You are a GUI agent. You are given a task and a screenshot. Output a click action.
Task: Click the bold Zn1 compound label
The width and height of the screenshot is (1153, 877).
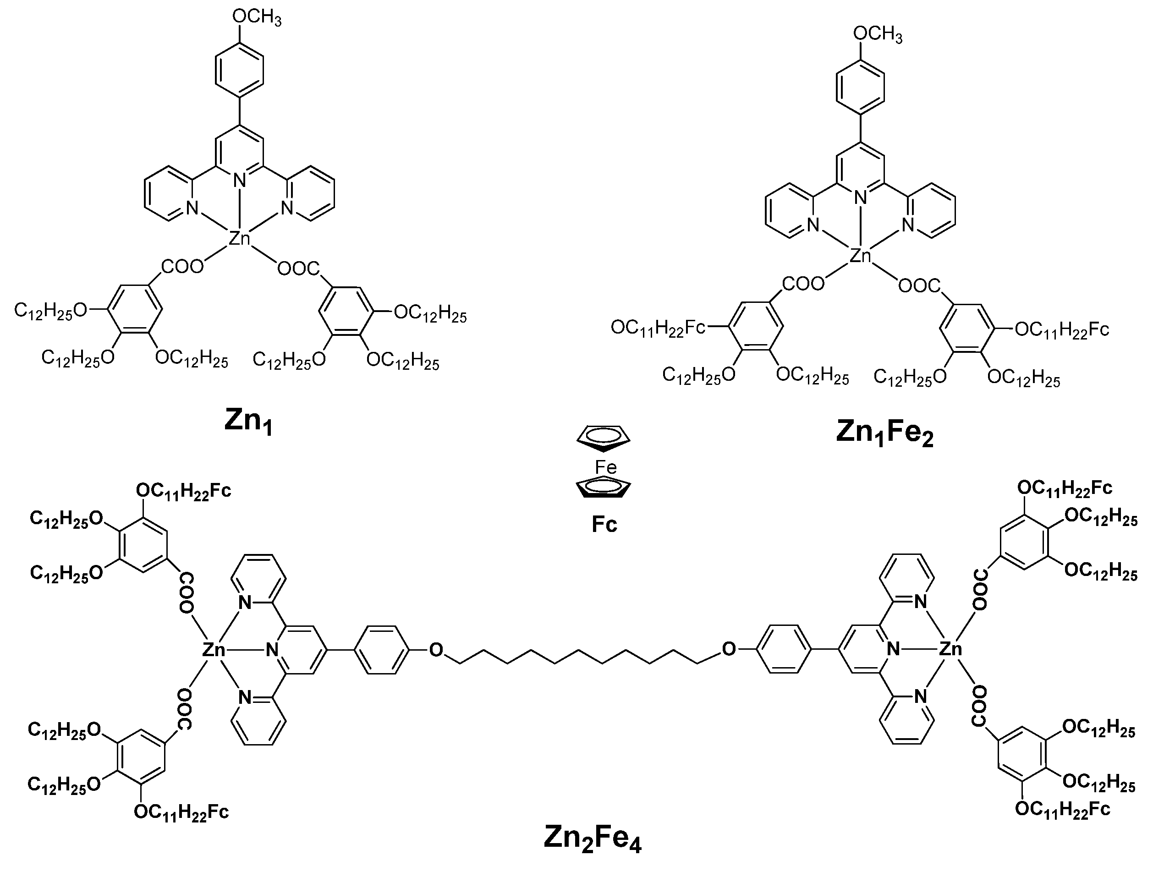click(249, 421)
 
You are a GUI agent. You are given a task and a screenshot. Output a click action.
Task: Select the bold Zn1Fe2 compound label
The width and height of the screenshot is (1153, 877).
click(884, 434)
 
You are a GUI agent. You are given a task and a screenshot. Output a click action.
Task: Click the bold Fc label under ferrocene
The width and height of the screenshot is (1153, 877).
click(604, 524)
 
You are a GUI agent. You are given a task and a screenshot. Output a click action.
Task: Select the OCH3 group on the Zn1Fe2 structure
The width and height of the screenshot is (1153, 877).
click(878, 34)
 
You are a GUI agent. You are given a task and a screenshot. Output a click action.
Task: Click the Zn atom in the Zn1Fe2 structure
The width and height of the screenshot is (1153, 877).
click(861, 256)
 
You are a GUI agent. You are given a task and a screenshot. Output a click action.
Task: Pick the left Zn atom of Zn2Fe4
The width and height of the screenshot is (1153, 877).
click(214, 649)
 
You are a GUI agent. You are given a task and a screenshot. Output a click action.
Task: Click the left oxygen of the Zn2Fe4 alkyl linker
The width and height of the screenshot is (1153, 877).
click(436, 649)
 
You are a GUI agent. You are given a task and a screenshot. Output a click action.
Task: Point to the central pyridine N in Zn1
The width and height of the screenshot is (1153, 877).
click(240, 181)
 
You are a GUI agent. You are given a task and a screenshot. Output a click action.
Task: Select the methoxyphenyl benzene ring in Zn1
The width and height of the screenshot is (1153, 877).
click(240, 71)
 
